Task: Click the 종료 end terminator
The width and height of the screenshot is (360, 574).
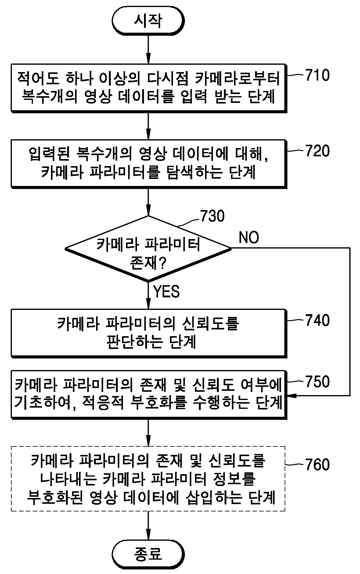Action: pos(148,554)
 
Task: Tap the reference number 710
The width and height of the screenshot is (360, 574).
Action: pos(317,75)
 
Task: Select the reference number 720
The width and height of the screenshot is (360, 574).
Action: pos(317,151)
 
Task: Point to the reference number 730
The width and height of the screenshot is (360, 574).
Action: pos(212,216)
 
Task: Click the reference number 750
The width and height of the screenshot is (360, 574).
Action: pos(317,382)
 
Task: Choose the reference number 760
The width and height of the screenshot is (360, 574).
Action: pos(317,465)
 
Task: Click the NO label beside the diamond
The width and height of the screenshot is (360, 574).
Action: pos(249,237)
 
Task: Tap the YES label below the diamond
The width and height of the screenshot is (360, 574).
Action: pos(166,291)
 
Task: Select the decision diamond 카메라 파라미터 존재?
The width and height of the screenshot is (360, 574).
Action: pos(148,249)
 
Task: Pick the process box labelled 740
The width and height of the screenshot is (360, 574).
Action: pos(149,333)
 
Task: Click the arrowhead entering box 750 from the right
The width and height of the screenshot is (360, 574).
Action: pos(292,396)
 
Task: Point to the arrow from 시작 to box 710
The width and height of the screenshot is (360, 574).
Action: pos(148,49)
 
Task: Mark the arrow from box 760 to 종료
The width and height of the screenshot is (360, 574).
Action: pos(148,525)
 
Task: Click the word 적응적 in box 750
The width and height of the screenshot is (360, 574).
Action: pos(103,403)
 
